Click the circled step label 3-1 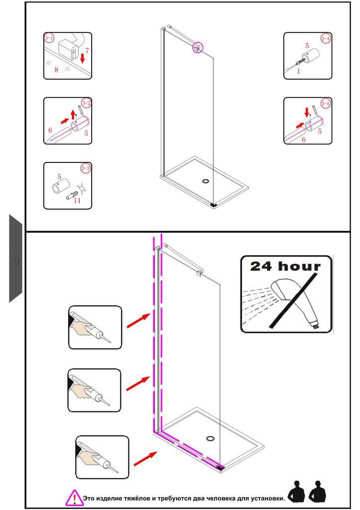point(49,38)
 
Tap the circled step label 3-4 point(326,38)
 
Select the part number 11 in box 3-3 point(77,200)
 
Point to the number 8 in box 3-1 point(56,70)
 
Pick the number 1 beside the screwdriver point(299,71)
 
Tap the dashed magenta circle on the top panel point(198,47)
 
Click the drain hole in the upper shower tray point(206,180)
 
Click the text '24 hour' point(285,266)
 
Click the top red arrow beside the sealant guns point(138,320)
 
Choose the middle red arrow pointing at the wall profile point(137,383)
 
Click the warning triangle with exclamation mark point(74,497)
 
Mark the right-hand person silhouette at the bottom point(317,492)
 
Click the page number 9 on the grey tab point(16,260)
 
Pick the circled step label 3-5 point(326,104)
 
